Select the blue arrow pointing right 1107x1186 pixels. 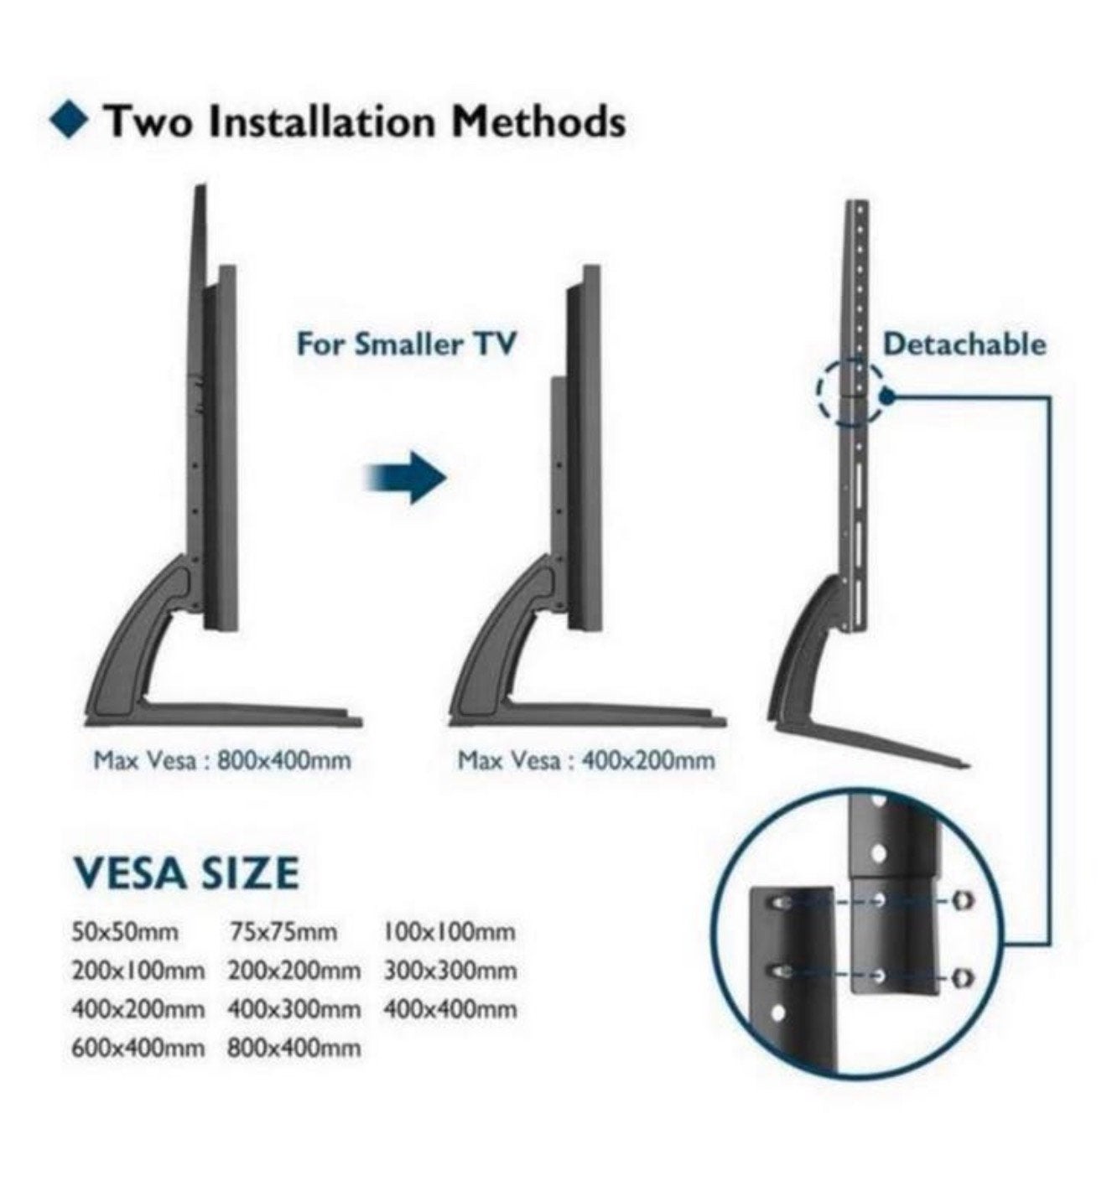point(405,478)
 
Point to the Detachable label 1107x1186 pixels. point(964,344)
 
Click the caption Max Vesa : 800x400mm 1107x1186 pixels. point(222,761)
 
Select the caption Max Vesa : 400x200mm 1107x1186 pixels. point(585,761)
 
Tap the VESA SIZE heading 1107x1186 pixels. point(185,873)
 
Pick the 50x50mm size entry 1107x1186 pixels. point(125,932)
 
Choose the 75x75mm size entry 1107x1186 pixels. point(283,932)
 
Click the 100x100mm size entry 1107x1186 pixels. point(449,932)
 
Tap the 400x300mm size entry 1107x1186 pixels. point(294,1010)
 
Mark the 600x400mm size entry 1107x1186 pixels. point(138,1048)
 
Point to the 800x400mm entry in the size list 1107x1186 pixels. point(294,1048)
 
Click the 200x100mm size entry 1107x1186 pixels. point(138,971)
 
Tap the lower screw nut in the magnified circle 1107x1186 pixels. point(964,977)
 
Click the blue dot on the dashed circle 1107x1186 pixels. point(889,396)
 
